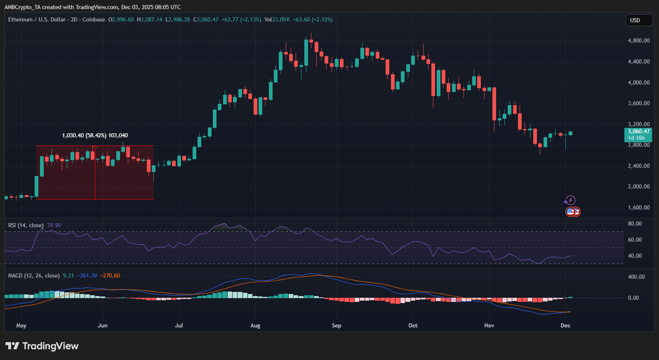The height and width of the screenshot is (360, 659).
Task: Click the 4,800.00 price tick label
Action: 638,40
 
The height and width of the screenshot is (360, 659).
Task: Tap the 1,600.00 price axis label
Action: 638,207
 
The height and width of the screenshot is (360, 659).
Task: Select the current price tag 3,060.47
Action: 638,132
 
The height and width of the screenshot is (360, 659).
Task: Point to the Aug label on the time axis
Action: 255,325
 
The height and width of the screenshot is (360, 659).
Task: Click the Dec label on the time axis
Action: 565,325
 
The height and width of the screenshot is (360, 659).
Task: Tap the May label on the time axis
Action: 21,325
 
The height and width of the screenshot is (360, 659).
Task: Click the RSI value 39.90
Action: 54,225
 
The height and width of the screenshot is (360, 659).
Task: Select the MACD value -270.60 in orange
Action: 110,275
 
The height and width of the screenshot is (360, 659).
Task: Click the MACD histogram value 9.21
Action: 68,275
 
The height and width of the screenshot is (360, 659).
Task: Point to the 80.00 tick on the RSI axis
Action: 635,224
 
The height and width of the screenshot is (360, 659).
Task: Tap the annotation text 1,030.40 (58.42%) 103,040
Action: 95,135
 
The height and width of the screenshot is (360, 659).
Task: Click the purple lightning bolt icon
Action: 570,200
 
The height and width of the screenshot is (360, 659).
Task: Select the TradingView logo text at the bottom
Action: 50,346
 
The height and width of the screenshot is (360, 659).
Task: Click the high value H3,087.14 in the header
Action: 150,19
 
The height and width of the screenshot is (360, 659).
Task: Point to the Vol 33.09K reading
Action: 277,19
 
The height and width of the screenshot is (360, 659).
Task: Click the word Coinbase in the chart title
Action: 94,19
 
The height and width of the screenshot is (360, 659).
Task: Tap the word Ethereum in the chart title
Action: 20,19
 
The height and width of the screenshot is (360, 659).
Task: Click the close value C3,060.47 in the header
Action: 206,19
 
